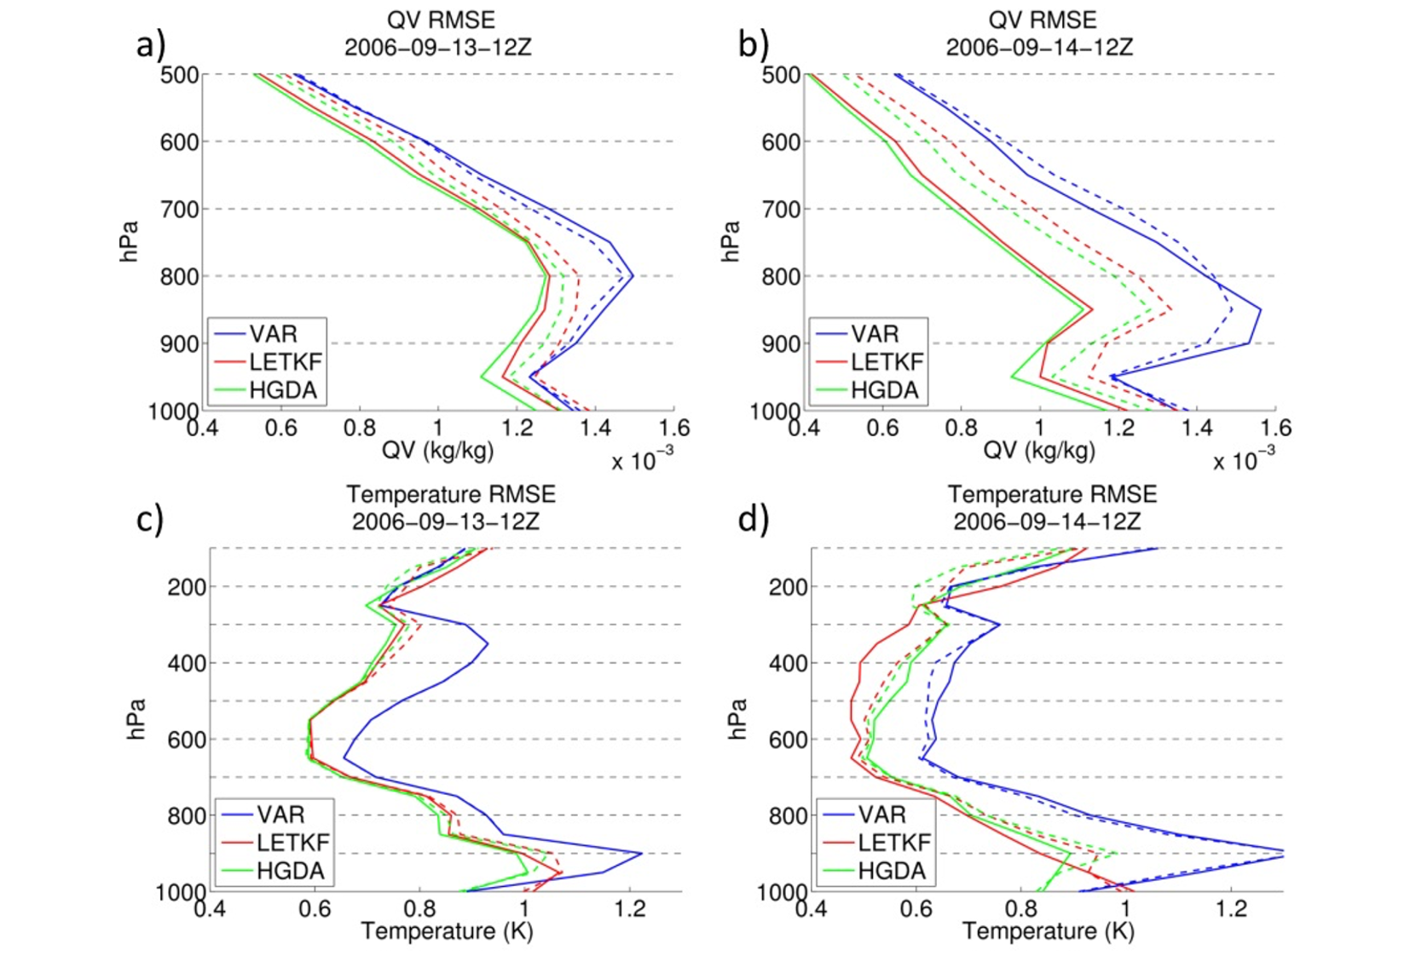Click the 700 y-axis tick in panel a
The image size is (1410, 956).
(x=179, y=209)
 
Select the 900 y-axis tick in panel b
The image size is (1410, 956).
(x=781, y=344)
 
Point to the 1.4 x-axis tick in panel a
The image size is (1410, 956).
(x=595, y=428)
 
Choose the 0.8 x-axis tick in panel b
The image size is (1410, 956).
(x=961, y=428)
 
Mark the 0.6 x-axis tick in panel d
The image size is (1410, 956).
(x=916, y=909)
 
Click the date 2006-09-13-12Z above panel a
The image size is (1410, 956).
(x=437, y=47)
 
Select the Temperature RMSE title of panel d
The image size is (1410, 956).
(x=1052, y=494)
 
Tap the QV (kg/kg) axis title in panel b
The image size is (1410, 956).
(x=1039, y=451)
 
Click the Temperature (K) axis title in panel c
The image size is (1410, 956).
(x=447, y=931)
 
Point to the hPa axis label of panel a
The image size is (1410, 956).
(x=129, y=241)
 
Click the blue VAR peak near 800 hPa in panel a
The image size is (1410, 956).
(x=632, y=275)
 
